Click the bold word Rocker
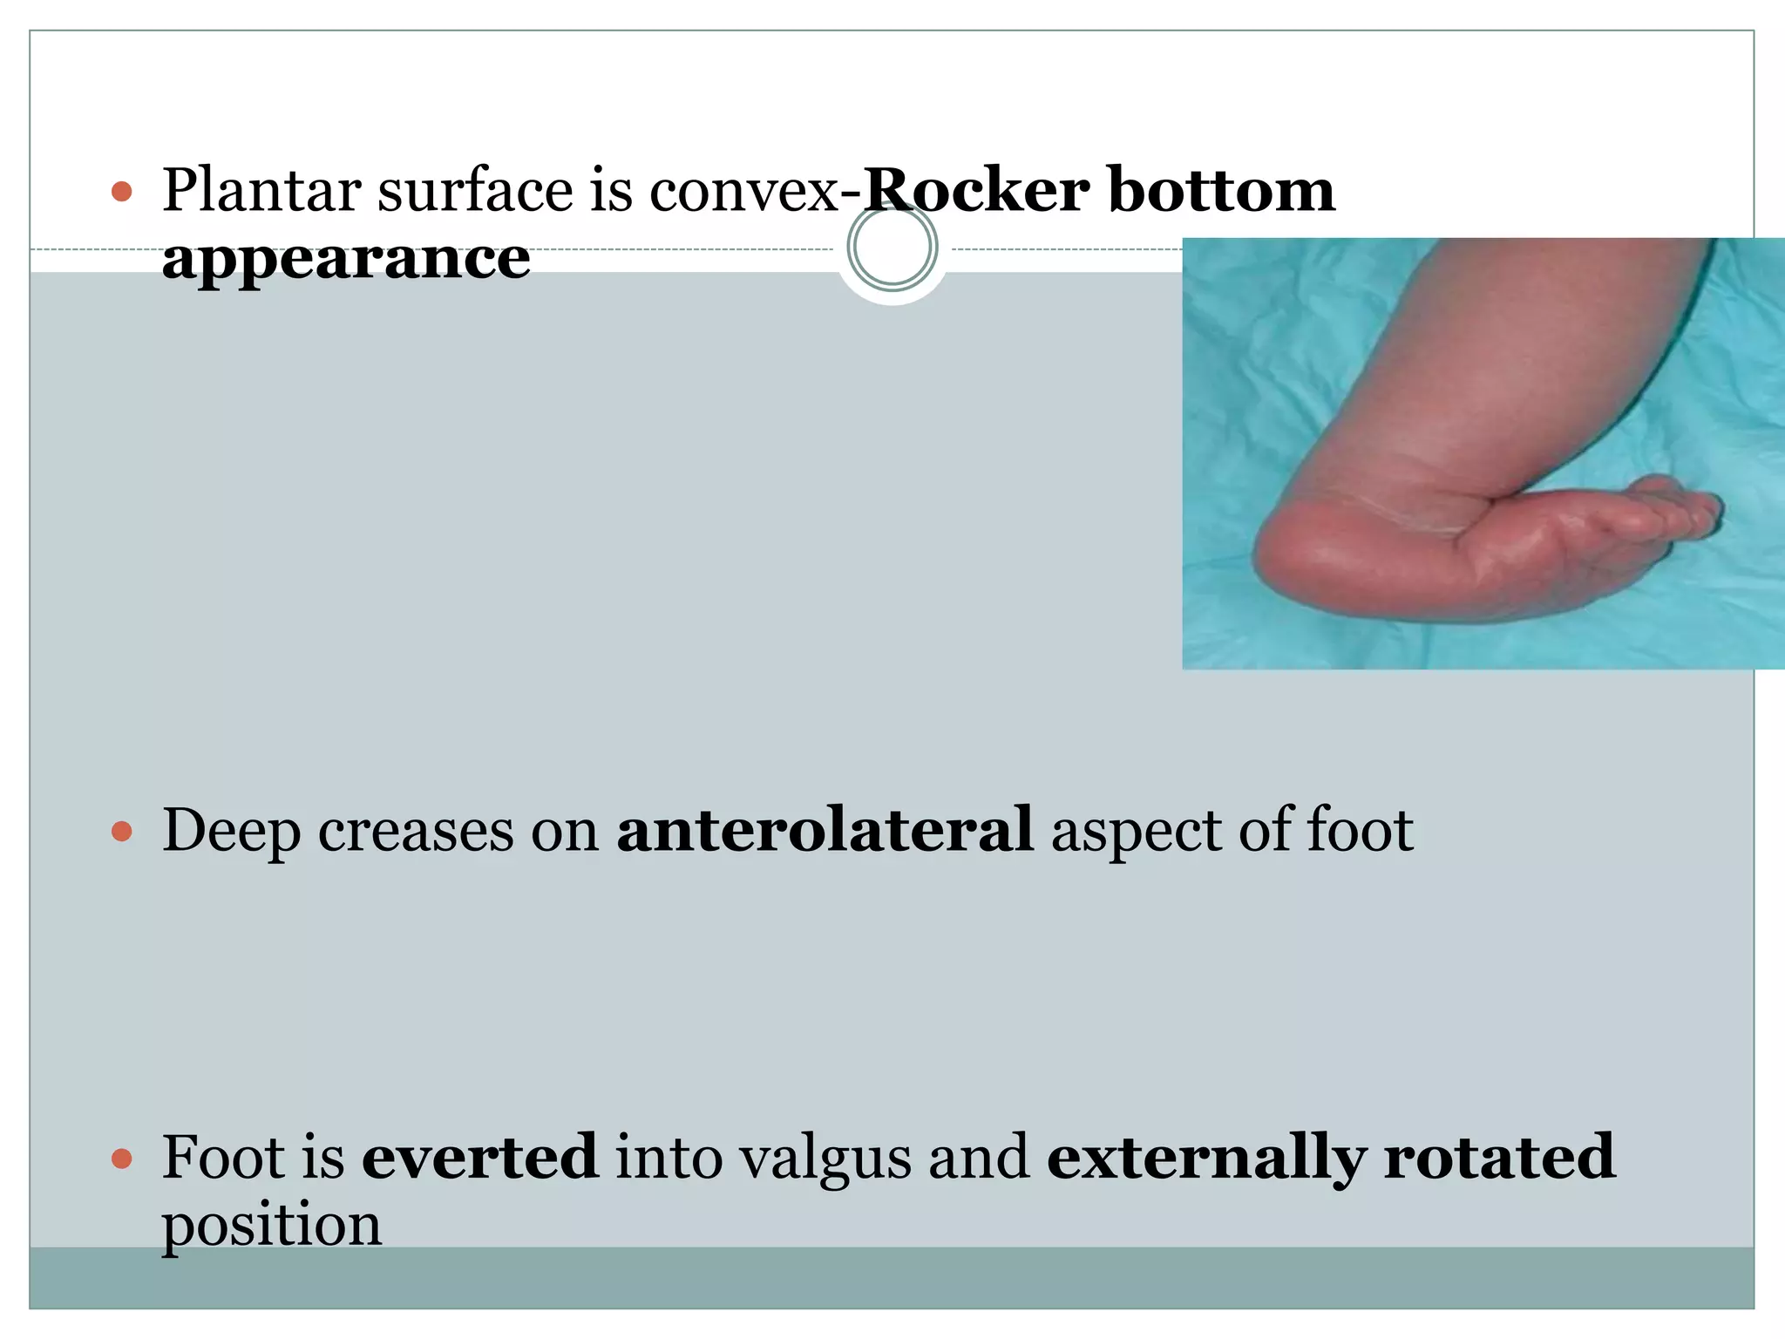[x=974, y=190]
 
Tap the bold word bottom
[x=1221, y=190]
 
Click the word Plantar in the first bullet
[x=261, y=190]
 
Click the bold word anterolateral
[x=825, y=829]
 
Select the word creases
[x=416, y=831]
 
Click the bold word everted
[x=480, y=1156]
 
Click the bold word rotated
[x=1499, y=1156]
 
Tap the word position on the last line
[x=272, y=1226]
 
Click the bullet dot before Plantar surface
[x=122, y=192]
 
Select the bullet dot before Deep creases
[x=122, y=831]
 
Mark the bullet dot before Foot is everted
[x=122, y=1159]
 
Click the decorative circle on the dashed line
[x=892, y=247]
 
